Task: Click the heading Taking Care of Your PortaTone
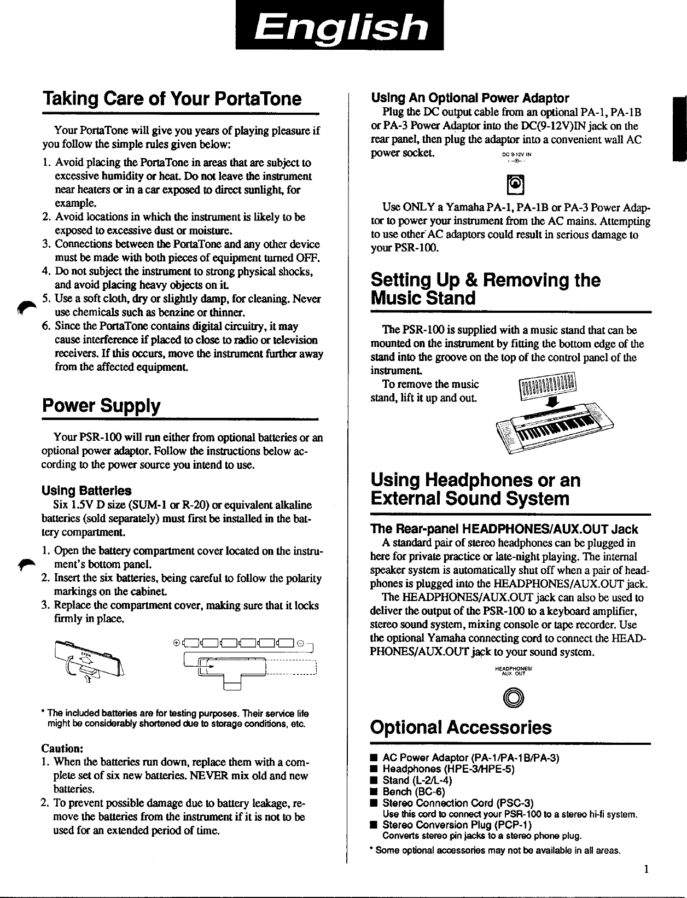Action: (172, 99)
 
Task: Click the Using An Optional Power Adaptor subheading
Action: (470, 98)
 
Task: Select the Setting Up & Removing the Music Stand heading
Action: (485, 289)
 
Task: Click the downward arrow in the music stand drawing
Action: (553, 402)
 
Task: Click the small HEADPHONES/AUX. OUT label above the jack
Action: (510, 671)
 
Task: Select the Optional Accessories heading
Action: (461, 728)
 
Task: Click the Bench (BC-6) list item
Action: (414, 791)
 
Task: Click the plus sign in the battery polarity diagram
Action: (175, 643)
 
